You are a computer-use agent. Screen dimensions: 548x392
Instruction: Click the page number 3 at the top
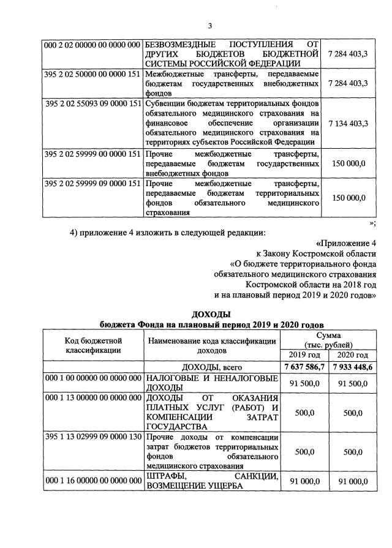tap(210, 25)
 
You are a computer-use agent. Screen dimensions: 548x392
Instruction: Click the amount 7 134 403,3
tap(348, 123)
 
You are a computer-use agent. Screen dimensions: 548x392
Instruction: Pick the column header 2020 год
tap(353, 355)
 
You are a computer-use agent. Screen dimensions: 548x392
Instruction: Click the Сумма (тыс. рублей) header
tap(327, 340)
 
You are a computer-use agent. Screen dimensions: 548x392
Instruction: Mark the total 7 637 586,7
tap(304, 367)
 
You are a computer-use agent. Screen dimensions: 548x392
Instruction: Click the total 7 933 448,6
tap(353, 367)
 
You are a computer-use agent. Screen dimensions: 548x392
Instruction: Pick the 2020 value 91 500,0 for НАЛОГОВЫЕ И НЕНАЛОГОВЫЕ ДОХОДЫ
tap(353, 383)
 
